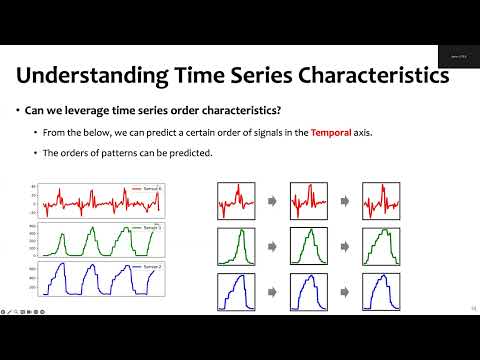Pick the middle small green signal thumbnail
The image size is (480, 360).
pos(308,246)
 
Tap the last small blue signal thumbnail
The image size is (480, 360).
pos(380,290)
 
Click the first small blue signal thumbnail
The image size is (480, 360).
pos(236,290)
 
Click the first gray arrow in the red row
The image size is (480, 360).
pos(272,202)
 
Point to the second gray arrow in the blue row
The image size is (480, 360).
pos(344,291)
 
